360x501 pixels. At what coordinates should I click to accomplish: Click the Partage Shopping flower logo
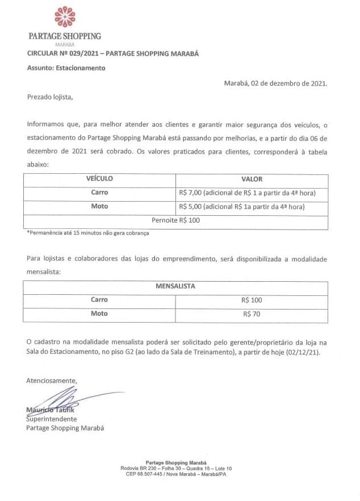click(x=64, y=17)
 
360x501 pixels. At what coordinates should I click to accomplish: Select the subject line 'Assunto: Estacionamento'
click(x=66, y=68)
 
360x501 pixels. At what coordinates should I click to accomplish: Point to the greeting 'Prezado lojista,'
click(x=50, y=97)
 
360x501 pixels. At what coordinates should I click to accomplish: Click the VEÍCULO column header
click(x=99, y=179)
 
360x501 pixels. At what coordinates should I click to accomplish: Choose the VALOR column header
click(x=252, y=179)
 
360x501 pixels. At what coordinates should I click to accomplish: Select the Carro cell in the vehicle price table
click(x=99, y=193)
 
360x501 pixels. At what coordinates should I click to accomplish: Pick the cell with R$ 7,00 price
click(x=246, y=193)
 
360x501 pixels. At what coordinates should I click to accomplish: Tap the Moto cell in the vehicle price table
click(x=99, y=206)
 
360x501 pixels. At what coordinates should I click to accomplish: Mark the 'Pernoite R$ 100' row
click(x=175, y=220)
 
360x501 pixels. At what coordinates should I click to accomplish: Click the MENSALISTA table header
click(x=175, y=286)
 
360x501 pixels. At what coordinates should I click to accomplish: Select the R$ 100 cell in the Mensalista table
click(x=252, y=300)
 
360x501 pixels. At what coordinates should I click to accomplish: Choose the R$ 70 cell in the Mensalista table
click(x=252, y=314)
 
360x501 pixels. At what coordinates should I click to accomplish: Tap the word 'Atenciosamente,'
click(x=51, y=381)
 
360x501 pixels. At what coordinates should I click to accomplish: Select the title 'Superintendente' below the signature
click(x=52, y=419)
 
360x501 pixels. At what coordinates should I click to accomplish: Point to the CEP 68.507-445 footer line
click(x=176, y=474)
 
